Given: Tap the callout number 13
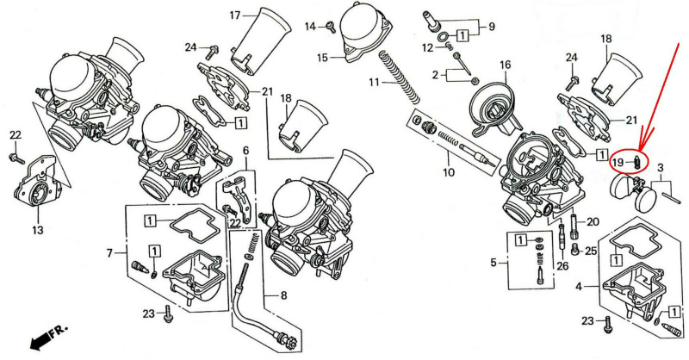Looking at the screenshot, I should click(x=37, y=231).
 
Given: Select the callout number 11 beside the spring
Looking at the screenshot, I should click(x=375, y=83).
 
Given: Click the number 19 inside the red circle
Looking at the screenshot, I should click(x=618, y=162).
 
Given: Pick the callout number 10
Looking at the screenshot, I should click(x=448, y=172).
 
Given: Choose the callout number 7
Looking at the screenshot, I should click(x=110, y=253).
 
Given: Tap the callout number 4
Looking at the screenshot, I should click(x=580, y=285).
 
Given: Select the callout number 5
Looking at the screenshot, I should click(x=493, y=261).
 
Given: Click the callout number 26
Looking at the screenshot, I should click(x=562, y=265).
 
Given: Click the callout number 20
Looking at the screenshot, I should click(x=592, y=222).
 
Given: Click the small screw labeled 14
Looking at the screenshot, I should click(x=328, y=28).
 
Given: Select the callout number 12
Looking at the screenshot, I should click(x=428, y=47).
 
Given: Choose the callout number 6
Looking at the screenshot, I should click(x=245, y=151).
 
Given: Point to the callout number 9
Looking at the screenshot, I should click(x=491, y=27).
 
